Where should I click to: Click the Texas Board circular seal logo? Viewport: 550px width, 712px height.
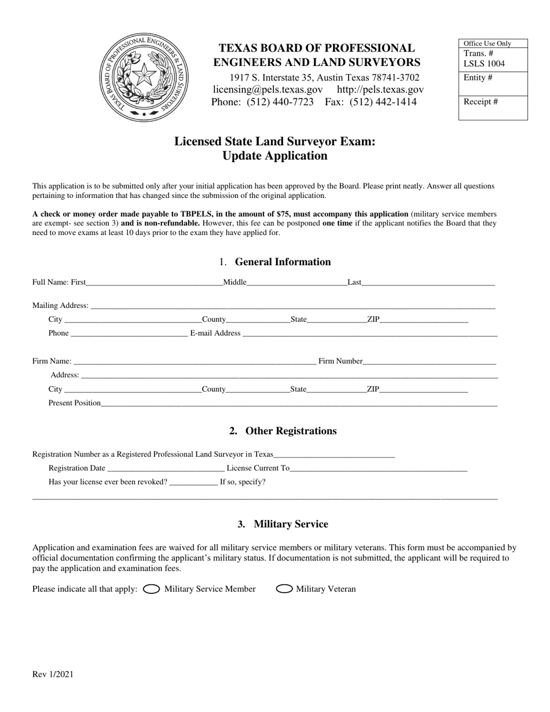143,77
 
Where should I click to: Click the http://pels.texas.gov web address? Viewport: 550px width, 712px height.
380,89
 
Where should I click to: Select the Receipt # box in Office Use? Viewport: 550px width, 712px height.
493,107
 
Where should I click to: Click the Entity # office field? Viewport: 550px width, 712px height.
493,83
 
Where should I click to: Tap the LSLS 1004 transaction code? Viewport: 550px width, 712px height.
484,64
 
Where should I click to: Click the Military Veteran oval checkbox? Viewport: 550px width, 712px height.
284,589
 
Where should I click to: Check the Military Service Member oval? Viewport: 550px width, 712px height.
151,589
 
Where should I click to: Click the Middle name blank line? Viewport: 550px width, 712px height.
296,282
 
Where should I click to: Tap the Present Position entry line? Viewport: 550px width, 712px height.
299,403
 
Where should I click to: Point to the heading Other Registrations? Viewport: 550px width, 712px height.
283,431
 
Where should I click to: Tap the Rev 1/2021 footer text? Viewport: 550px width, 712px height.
53,674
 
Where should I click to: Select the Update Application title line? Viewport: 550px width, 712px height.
274,156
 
